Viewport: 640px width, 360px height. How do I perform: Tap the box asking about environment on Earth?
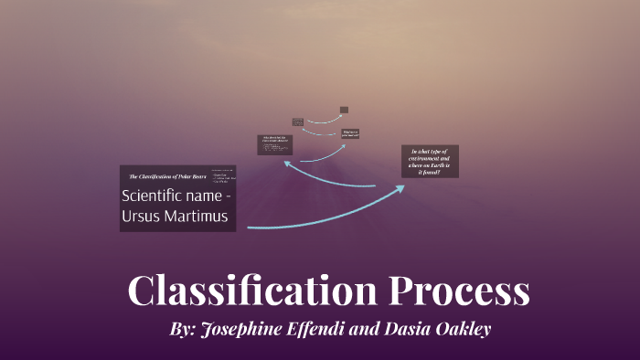coord(430,161)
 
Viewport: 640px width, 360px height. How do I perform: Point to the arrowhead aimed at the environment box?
coord(400,188)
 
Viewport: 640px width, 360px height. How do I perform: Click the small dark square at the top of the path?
coord(344,110)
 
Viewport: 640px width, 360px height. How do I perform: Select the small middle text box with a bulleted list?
coord(273,143)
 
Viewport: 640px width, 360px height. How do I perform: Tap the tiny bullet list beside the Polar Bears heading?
coord(223,175)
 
